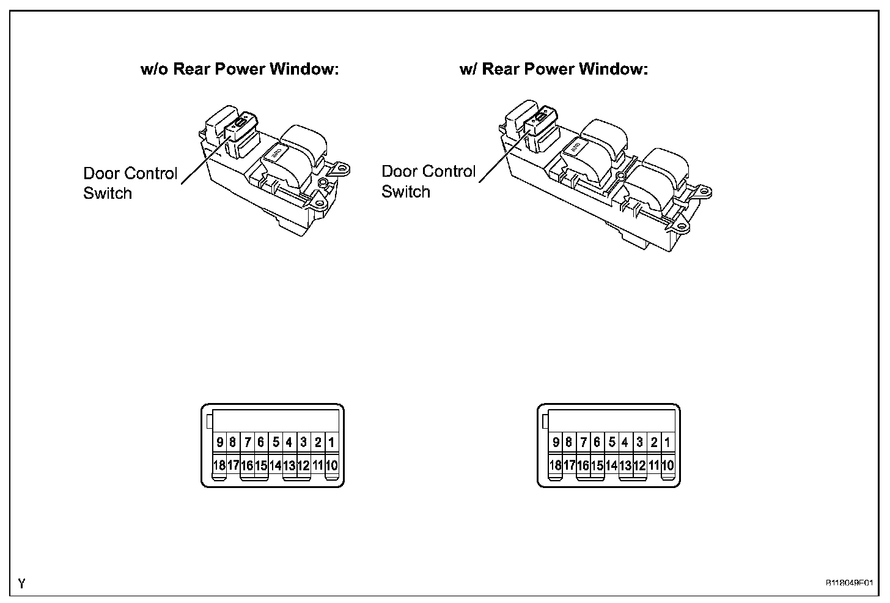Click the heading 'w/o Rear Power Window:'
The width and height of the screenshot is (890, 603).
[240, 69]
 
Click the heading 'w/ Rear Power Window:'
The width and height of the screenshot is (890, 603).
[553, 69]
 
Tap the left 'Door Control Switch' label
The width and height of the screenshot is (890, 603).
[130, 183]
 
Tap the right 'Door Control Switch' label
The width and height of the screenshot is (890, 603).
[428, 181]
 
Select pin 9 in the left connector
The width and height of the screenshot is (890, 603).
[219, 442]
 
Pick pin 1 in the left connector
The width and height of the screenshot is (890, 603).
[331, 442]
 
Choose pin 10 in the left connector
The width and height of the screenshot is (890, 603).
[331, 465]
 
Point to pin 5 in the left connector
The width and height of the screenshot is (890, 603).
[276, 442]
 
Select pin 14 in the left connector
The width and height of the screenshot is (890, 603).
[276, 465]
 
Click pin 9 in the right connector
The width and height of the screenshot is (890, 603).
[556, 442]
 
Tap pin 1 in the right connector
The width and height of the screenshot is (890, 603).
[667, 442]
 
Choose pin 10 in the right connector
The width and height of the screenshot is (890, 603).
[667, 465]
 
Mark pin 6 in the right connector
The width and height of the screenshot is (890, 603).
[597, 442]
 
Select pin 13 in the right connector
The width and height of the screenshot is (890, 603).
[625, 465]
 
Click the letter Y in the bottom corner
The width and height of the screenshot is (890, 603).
[22, 584]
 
